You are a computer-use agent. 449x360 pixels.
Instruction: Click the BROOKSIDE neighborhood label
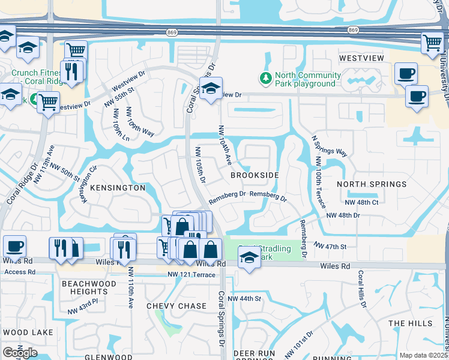pyautogui.click(x=255, y=175)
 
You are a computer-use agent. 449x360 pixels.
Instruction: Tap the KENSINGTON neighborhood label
pyautogui.click(x=118, y=188)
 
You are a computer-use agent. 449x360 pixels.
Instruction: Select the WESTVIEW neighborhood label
pyautogui.click(x=362, y=59)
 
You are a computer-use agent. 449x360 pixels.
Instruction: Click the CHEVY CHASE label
pyautogui.click(x=176, y=306)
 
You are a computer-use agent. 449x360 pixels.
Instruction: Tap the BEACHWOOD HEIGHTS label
pyautogui.click(x=89, y=287)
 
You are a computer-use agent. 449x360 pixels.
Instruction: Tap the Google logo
pyautogui.click(x=20, y=352)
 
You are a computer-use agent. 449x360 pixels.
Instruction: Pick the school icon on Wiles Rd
pyautogui.click(x=249, y=259)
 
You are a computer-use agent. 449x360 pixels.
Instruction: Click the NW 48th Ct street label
pyautogui.click(x=362, y=203)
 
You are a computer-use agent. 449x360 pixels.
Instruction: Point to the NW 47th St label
pyautogui.click(x=331, y=246)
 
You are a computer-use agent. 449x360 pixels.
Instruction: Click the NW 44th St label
pyautogui.click(x=249, y=298)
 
